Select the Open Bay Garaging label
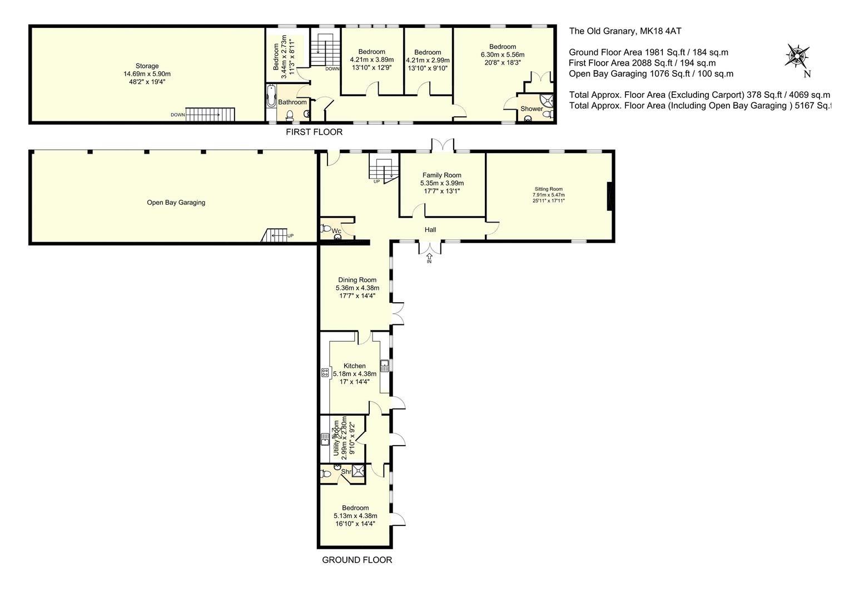click(176, 203)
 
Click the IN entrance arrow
click(429, 258)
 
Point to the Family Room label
click(441, 175)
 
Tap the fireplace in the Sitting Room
click(610, 196)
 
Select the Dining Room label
click(357, 280)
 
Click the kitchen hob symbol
click(325, 372)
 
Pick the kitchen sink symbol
click(384, 366)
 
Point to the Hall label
click(430, 230)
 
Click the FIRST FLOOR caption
click(314, 132)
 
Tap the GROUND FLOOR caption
click(357, 560)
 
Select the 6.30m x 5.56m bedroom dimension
click(503, 55)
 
